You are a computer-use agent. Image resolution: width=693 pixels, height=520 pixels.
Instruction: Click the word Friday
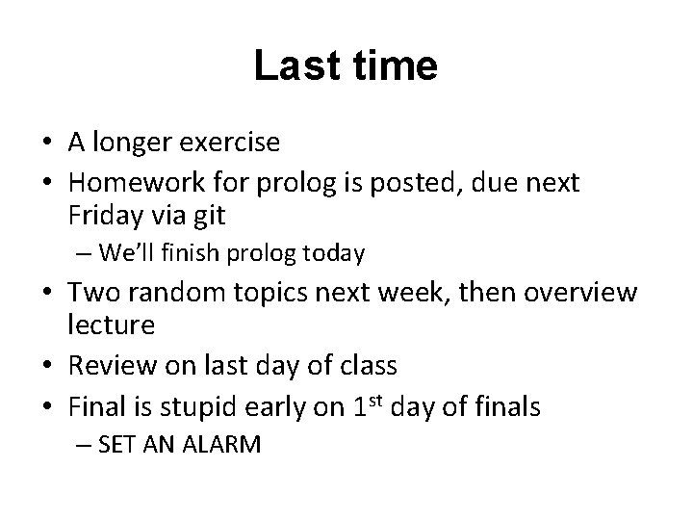[102, 217]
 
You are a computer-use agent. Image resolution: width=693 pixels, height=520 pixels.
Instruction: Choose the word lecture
[112, 325]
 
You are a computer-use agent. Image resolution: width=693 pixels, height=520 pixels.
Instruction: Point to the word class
[370, 366]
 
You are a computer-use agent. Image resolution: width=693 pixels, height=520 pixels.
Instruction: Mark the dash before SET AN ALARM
[84, 446]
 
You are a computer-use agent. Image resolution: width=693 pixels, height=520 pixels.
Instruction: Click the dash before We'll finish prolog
[84, 254]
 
